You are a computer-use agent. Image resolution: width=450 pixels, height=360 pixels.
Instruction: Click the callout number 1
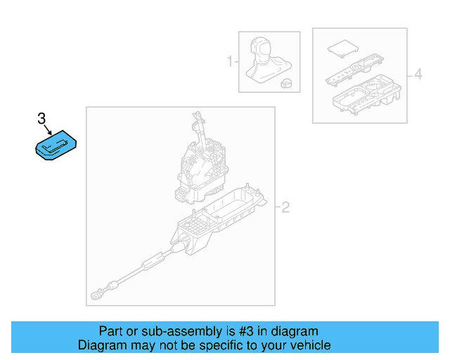coord(229,63)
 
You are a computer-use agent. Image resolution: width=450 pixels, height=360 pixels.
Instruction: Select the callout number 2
coord(285,207)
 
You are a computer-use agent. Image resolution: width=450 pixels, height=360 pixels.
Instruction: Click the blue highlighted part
coord(56,146)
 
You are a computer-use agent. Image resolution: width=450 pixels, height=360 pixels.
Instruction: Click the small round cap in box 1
coord(286,83)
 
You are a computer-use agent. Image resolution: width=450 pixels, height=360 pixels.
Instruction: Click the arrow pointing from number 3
coord(49,129)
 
